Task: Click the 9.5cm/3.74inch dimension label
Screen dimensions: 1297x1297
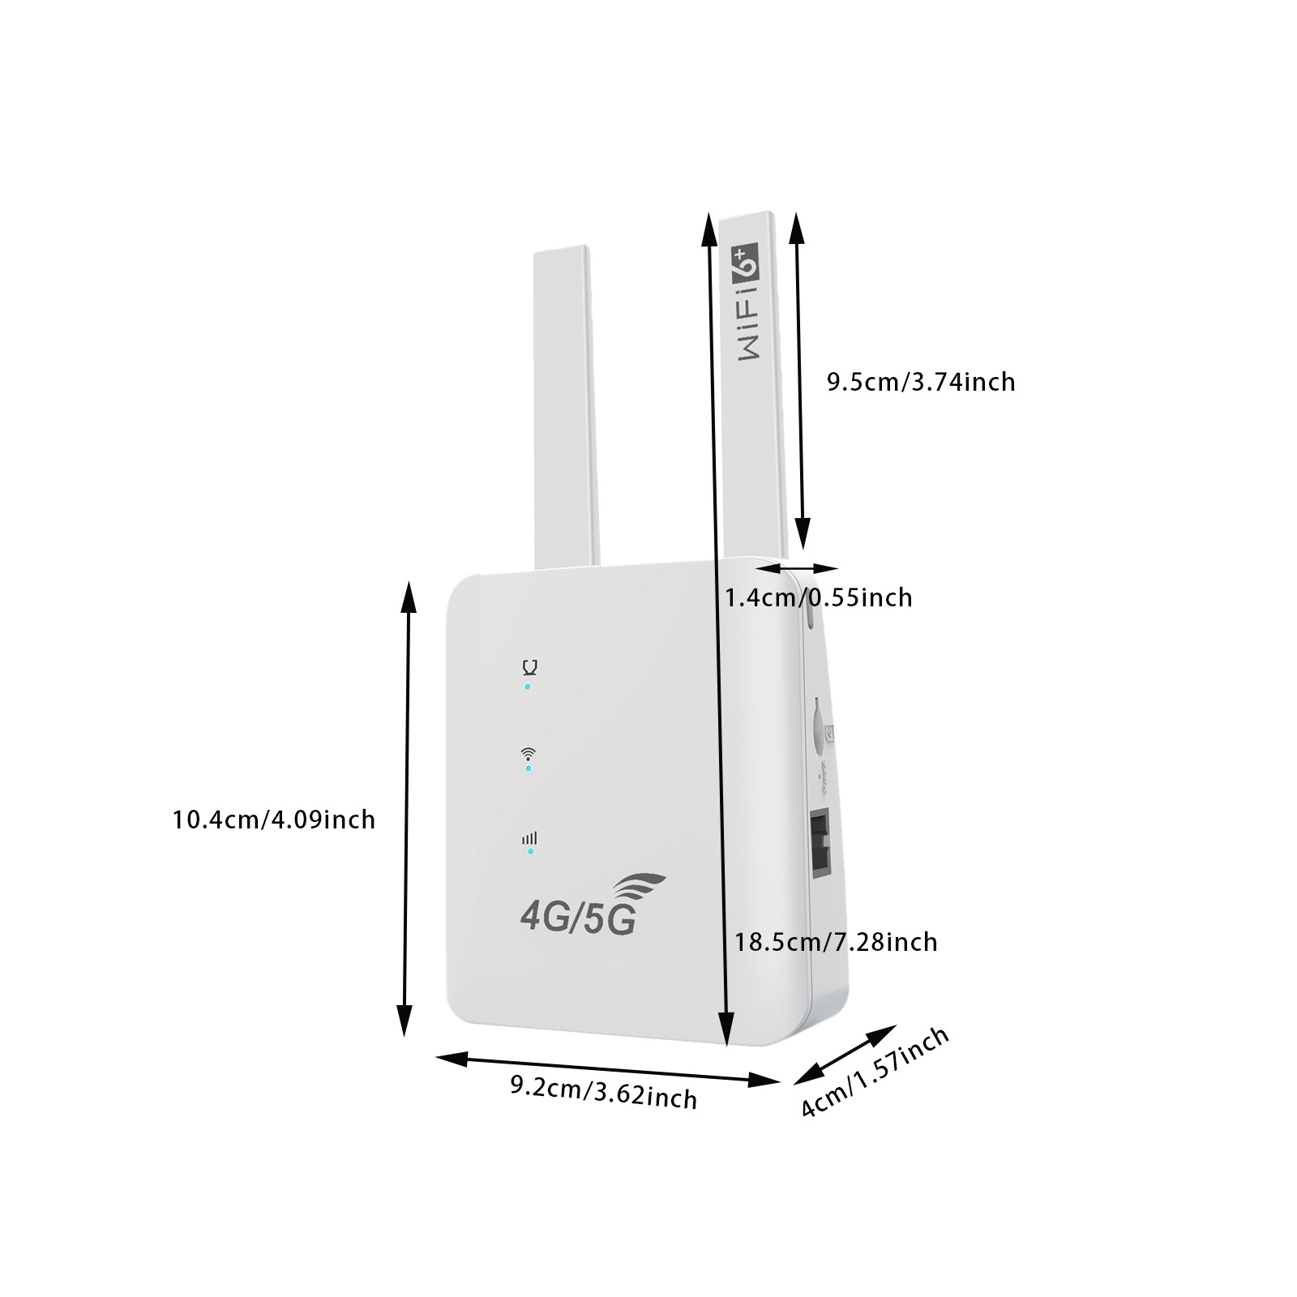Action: coord(921,382)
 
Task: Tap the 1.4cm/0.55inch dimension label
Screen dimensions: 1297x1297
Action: coord(818,597)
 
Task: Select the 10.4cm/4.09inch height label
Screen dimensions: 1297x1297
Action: coord(274,820)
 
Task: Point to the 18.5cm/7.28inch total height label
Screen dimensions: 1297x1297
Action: coord(836,942)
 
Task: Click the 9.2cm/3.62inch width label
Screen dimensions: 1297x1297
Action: coord(604,1092)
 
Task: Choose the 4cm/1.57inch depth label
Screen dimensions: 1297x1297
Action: coord(875,1072)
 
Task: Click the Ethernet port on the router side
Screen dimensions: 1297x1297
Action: coord(821,852)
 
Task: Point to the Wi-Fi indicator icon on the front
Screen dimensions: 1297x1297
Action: coord(528,753)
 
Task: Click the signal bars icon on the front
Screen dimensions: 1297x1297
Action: coord(529,838)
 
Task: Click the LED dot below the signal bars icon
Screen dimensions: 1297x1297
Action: coord(531,851)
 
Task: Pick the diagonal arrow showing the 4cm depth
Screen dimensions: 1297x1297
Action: coord(844,1055)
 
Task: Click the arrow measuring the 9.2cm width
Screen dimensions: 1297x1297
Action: coord(608,1068)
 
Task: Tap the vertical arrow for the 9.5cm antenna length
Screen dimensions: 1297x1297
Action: coord(800,380)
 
